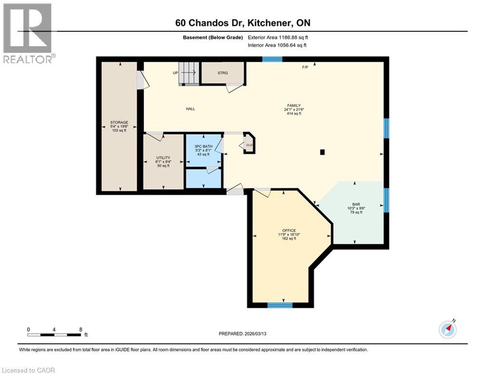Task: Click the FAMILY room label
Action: (x=293, y=105)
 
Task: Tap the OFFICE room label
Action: (x=289, y=230)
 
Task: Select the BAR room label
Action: (x=356, y=205)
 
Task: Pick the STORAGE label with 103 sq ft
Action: (x=119, y=122)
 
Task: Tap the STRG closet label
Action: (x=222, y=73)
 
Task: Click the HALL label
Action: (x=190, y=109)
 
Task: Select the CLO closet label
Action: (x=249, y=145)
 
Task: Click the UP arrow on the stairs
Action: (x=188, y=73)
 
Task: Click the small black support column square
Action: (x=322, y=152)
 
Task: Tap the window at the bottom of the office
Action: (x=280, y=305)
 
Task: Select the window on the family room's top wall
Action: (x=272, y=59)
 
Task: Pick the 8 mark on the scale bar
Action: (x=80, y=329)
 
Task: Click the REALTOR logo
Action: (x=28, y=33)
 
